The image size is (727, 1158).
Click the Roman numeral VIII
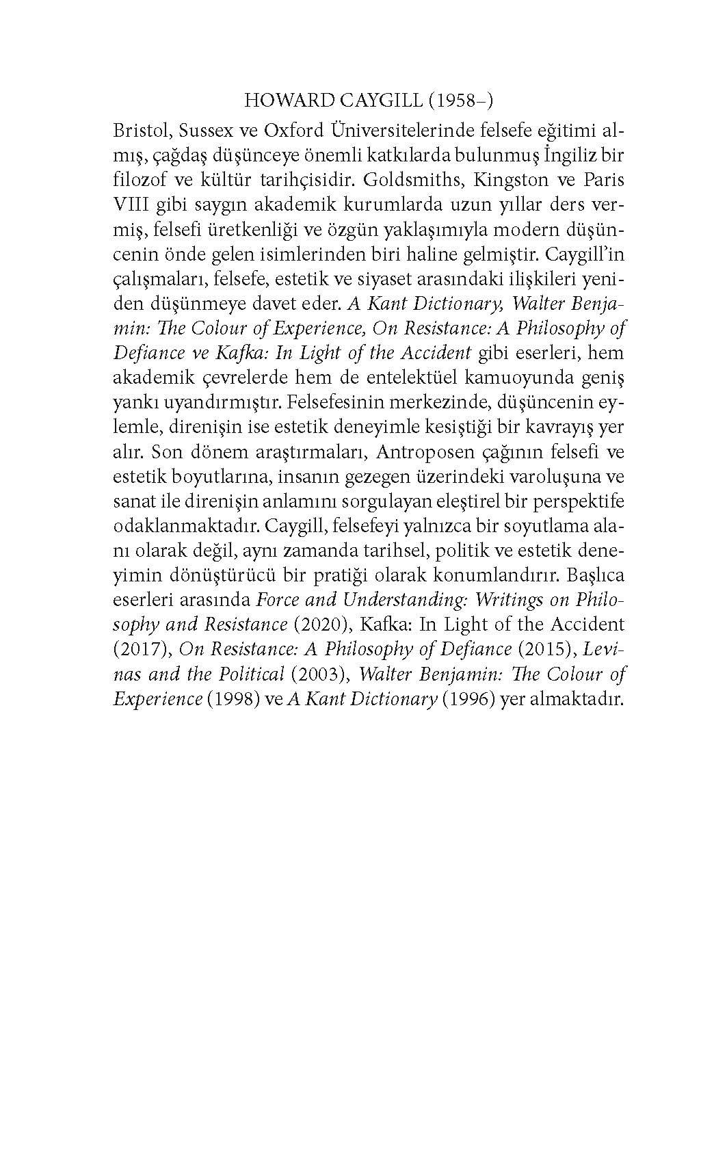(129, 206)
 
